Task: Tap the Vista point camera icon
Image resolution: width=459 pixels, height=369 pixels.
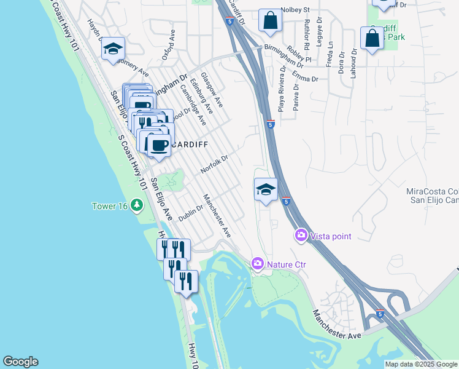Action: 301,235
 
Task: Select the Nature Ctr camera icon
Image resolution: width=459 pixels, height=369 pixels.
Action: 258,264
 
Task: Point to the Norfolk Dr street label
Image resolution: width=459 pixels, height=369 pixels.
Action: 214,164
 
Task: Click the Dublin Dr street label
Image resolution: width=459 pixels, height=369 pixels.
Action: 190,213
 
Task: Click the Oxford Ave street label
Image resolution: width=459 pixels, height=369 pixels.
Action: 169,46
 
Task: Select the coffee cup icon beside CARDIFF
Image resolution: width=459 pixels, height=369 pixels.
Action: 159,145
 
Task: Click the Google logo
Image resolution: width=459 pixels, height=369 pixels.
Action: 20,362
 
